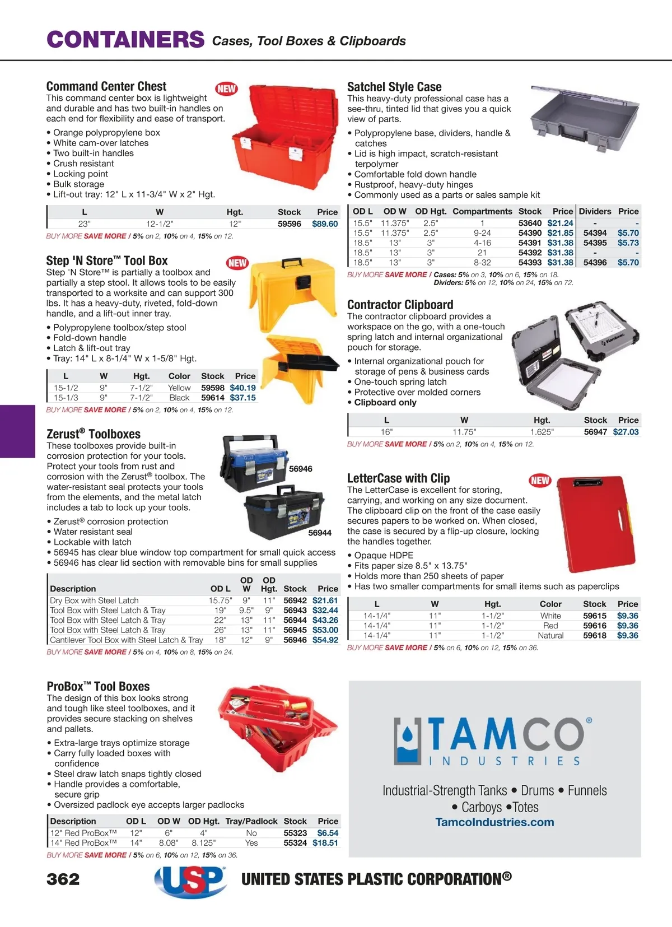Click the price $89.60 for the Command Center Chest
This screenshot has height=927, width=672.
pyautogui.click(x=325, y=224)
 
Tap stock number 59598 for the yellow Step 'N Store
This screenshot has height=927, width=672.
pyautogui.click(x=212, y=388)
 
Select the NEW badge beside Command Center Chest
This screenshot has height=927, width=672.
pyautogui.click(x=226, y=88)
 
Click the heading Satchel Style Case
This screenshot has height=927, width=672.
pyautogui.click(x=394, y=87)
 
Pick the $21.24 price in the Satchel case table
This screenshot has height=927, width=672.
pyautogui.click(x=560, y=223)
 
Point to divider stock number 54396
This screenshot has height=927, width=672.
pyautogui.click(x=595, y=262)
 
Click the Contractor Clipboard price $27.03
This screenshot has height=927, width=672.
pyautogui.click(x=626, y=432)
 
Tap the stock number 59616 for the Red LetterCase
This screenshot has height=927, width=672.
pyautogui.click(x=594, y=626)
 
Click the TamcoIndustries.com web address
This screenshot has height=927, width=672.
pyautogui.click(x=494, y=822)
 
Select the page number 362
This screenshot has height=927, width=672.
pyautogui.click(x=63, y=879)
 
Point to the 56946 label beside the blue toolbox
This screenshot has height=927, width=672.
pyautogui.click(x=301, y=469)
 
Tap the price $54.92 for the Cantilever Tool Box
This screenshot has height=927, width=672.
pyautogui.click(x=325, y=640)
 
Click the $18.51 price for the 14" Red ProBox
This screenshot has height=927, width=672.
pyautogui.click(x=325, y=842)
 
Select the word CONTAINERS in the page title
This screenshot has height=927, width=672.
pyautogui.click(x=125, y=40)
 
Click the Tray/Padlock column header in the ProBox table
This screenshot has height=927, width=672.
pyautogui.click(x=251, y=821)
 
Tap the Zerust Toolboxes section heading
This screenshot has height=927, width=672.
pyautogui.click(x=94, y=434)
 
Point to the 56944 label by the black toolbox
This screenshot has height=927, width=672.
pyautogui.click(x=320, y=533)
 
